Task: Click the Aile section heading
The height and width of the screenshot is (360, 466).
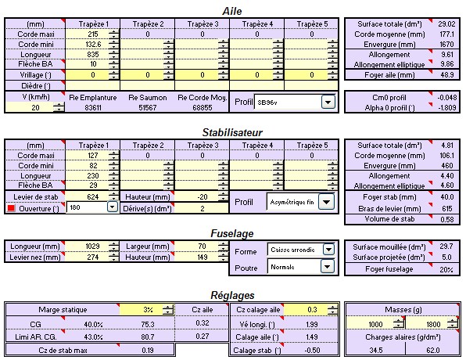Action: [x=231, y=11]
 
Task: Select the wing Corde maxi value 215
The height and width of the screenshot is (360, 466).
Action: [x=93, y=34]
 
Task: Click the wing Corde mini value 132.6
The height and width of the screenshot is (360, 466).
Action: [x=93, y=45]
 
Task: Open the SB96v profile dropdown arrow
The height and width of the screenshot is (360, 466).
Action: [x=328, y=103]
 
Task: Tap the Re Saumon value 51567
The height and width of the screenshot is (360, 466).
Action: [x=148, y=108]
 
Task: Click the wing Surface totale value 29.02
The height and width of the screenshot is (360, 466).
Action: [x=446, y=24]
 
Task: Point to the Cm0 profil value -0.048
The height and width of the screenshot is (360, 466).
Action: [x=447, y=98]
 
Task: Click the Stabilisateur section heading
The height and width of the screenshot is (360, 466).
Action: [x=232, y=132]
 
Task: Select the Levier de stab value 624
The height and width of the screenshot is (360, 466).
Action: [x=93, y=197]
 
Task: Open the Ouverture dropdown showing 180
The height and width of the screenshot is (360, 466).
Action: [x=112, y=207]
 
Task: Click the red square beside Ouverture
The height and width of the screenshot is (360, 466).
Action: [x=11, y=208]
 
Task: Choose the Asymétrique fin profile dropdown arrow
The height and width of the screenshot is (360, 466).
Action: [x=326, y=202]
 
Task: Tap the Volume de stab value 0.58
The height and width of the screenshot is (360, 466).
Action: [x=447, y=220]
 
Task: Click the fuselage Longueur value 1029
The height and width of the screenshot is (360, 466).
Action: [x=92, y=247]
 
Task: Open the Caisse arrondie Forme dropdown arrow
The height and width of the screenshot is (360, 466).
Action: [x=328, y=250]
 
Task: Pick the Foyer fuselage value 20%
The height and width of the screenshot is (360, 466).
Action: [x=446, y=269]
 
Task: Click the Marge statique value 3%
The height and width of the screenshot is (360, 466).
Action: [x=148, y=310]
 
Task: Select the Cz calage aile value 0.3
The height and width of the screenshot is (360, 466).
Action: [x=312, y=310]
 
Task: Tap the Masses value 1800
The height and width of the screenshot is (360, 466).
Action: [x=433, y=324]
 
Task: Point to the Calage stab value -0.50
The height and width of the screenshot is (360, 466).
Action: [x=312, y=351]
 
